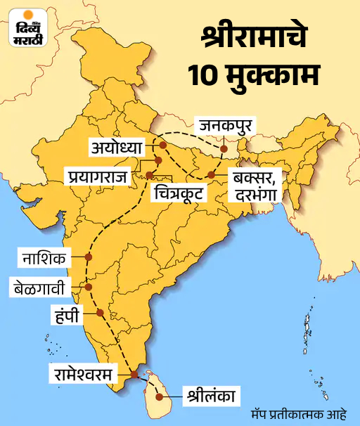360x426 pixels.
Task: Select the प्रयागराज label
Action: pyautogui.click(x=98, y=174)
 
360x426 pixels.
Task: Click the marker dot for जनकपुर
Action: pyautogui.click(x=224, y=149)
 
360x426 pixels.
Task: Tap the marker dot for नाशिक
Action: pyautogui.click(x=88, y=257)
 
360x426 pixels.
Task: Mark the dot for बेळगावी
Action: pyautogui.click(x=88, y=286)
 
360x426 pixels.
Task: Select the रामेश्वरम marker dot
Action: pyautogui.click(x=134, y=374)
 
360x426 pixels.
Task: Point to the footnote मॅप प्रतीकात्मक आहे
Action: pyautogui.click(x=304, y=413)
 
